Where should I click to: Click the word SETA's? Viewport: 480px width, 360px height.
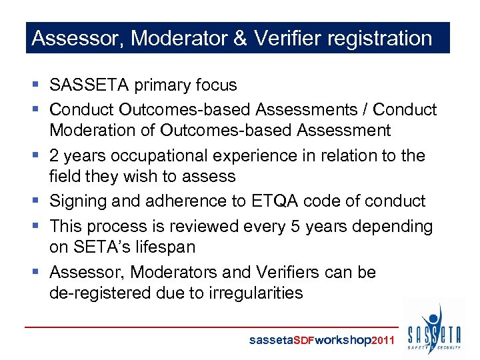tap(99, 247)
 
